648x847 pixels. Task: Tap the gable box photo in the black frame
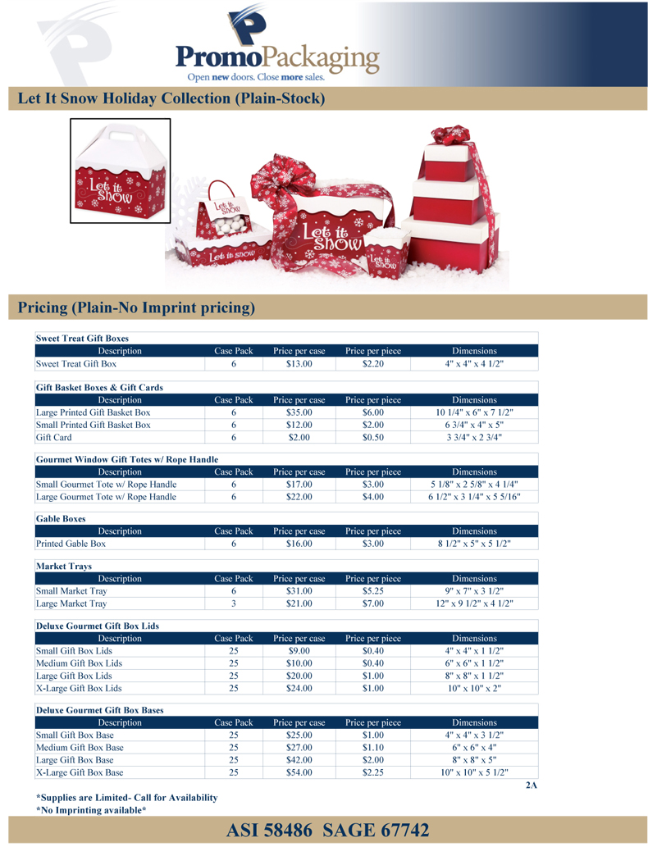[120, 171]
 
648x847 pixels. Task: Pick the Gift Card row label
[52, 438]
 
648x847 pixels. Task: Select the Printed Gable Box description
[71, 544]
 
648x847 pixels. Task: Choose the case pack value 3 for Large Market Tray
[233, 604]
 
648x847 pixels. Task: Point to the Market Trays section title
[63, 567]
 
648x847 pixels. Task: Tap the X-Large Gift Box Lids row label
[79, 688]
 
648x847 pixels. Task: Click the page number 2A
[531, 786]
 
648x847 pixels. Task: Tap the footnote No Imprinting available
[91, 810]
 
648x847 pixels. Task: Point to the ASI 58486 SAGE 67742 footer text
[328, 831]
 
